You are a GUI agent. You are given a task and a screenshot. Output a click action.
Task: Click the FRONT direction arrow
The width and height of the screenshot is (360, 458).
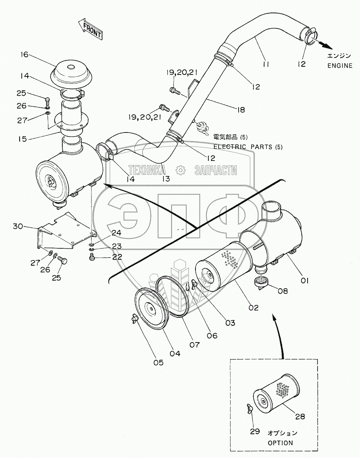(x=90, y=28)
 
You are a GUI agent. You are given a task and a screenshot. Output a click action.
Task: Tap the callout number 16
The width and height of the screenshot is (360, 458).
(x=24, y=55)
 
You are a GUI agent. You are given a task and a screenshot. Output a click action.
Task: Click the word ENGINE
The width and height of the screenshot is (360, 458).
(x=340, y=66)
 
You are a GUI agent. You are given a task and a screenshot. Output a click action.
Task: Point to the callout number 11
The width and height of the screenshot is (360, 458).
(x=266, y=64)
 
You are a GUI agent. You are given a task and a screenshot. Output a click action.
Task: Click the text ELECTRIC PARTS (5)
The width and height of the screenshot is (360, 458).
(x=248, y=147)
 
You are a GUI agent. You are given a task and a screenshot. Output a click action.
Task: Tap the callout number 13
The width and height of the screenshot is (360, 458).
(x=166, y=179)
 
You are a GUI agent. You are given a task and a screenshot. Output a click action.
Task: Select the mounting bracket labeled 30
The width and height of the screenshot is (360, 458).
(x=66, y=231)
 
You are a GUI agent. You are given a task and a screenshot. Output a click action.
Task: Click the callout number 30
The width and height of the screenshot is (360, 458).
(x=18, y=226)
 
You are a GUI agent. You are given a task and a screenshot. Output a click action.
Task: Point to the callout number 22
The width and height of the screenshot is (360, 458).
(x=117, y=257)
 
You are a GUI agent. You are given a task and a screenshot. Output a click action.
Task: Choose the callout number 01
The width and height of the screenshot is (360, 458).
(x=304, y=281)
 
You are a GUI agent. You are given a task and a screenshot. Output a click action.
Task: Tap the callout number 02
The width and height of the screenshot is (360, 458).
(x=254, y=308)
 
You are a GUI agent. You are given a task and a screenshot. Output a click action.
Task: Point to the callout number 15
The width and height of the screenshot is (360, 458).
(x=22, y=139)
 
